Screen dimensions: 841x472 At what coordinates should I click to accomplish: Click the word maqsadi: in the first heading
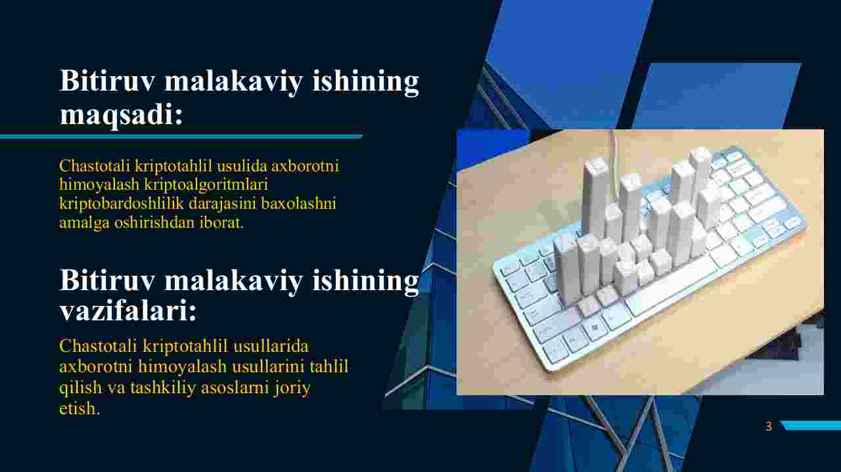(x=122, y=115)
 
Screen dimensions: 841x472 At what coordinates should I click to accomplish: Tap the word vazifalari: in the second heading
(x=128, y=311)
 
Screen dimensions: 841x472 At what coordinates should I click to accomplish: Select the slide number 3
(x=769, y=426)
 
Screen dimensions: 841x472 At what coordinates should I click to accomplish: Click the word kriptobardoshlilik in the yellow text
(x=122, y=204)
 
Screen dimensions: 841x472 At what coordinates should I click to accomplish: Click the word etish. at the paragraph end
(x=80, y=408)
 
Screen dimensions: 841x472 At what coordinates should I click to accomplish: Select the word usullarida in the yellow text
(x=271, y=345)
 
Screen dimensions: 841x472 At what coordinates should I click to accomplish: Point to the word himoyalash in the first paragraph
(x=99, y=185)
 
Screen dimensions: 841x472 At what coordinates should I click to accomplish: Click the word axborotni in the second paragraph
(x=96, y=366)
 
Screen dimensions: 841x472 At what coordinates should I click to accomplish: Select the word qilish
(x=80, y=388)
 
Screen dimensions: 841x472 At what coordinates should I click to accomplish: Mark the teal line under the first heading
(x=181, y=137)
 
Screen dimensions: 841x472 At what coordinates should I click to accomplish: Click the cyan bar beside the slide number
(x=811, y=425)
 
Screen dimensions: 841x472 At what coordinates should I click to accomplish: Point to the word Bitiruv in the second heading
(x=107, y=280)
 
